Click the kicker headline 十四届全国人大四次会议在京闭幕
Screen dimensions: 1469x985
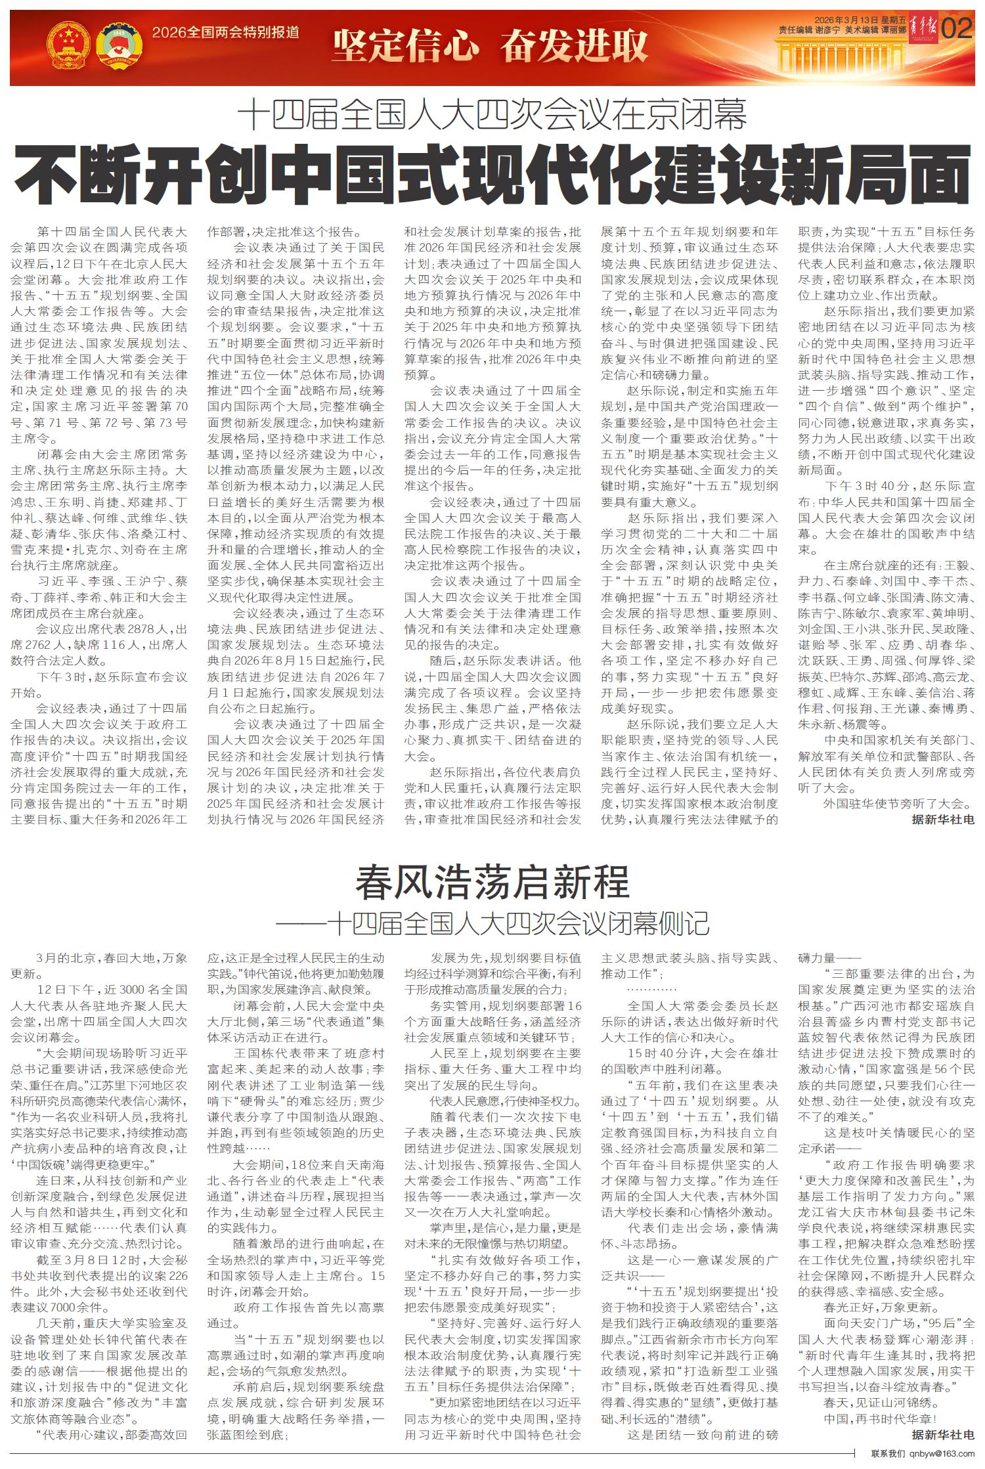tap(492, 117)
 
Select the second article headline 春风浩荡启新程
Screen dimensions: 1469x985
tap(492, 882)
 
